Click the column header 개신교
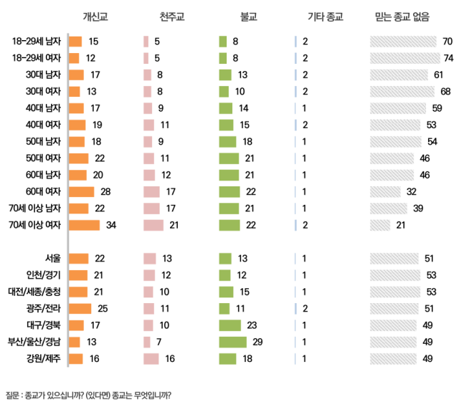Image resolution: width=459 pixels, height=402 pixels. (95, 16)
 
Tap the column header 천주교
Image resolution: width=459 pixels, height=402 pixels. (171, 16)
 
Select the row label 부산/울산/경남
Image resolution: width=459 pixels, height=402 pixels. (34, 341)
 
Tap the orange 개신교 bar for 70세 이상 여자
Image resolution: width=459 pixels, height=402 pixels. (84, 225)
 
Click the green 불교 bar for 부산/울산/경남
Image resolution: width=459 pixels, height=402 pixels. (232, 341)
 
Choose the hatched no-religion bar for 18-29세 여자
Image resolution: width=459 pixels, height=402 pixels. (404, 57)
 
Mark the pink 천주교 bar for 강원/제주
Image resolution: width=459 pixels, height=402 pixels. (151, 358)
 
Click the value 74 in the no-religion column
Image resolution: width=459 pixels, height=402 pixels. (449, 57)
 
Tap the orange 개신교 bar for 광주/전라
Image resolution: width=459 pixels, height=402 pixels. (80, 308)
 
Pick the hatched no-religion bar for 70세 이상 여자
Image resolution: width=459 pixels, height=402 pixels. (380, 225)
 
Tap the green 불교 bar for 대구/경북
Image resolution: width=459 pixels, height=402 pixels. (229, 325)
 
